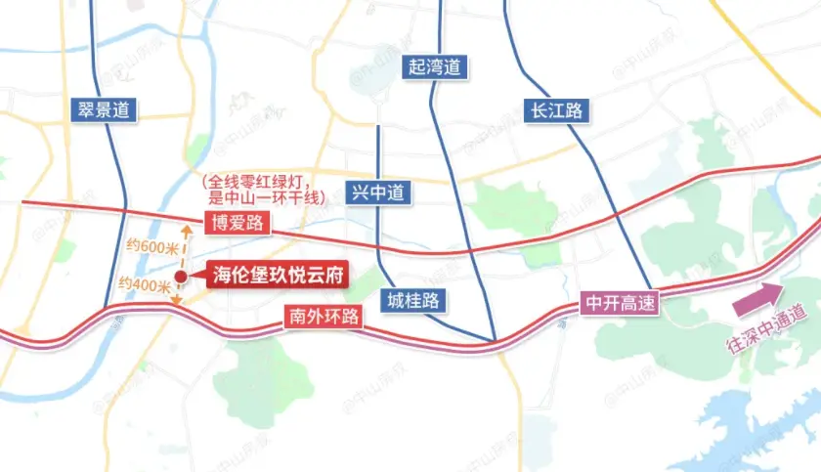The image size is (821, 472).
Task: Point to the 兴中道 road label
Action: point(376,192)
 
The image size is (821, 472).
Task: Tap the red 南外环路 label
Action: point(322,317)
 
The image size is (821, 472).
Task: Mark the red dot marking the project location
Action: point(181,277)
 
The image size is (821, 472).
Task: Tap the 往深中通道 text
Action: point(767,333)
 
